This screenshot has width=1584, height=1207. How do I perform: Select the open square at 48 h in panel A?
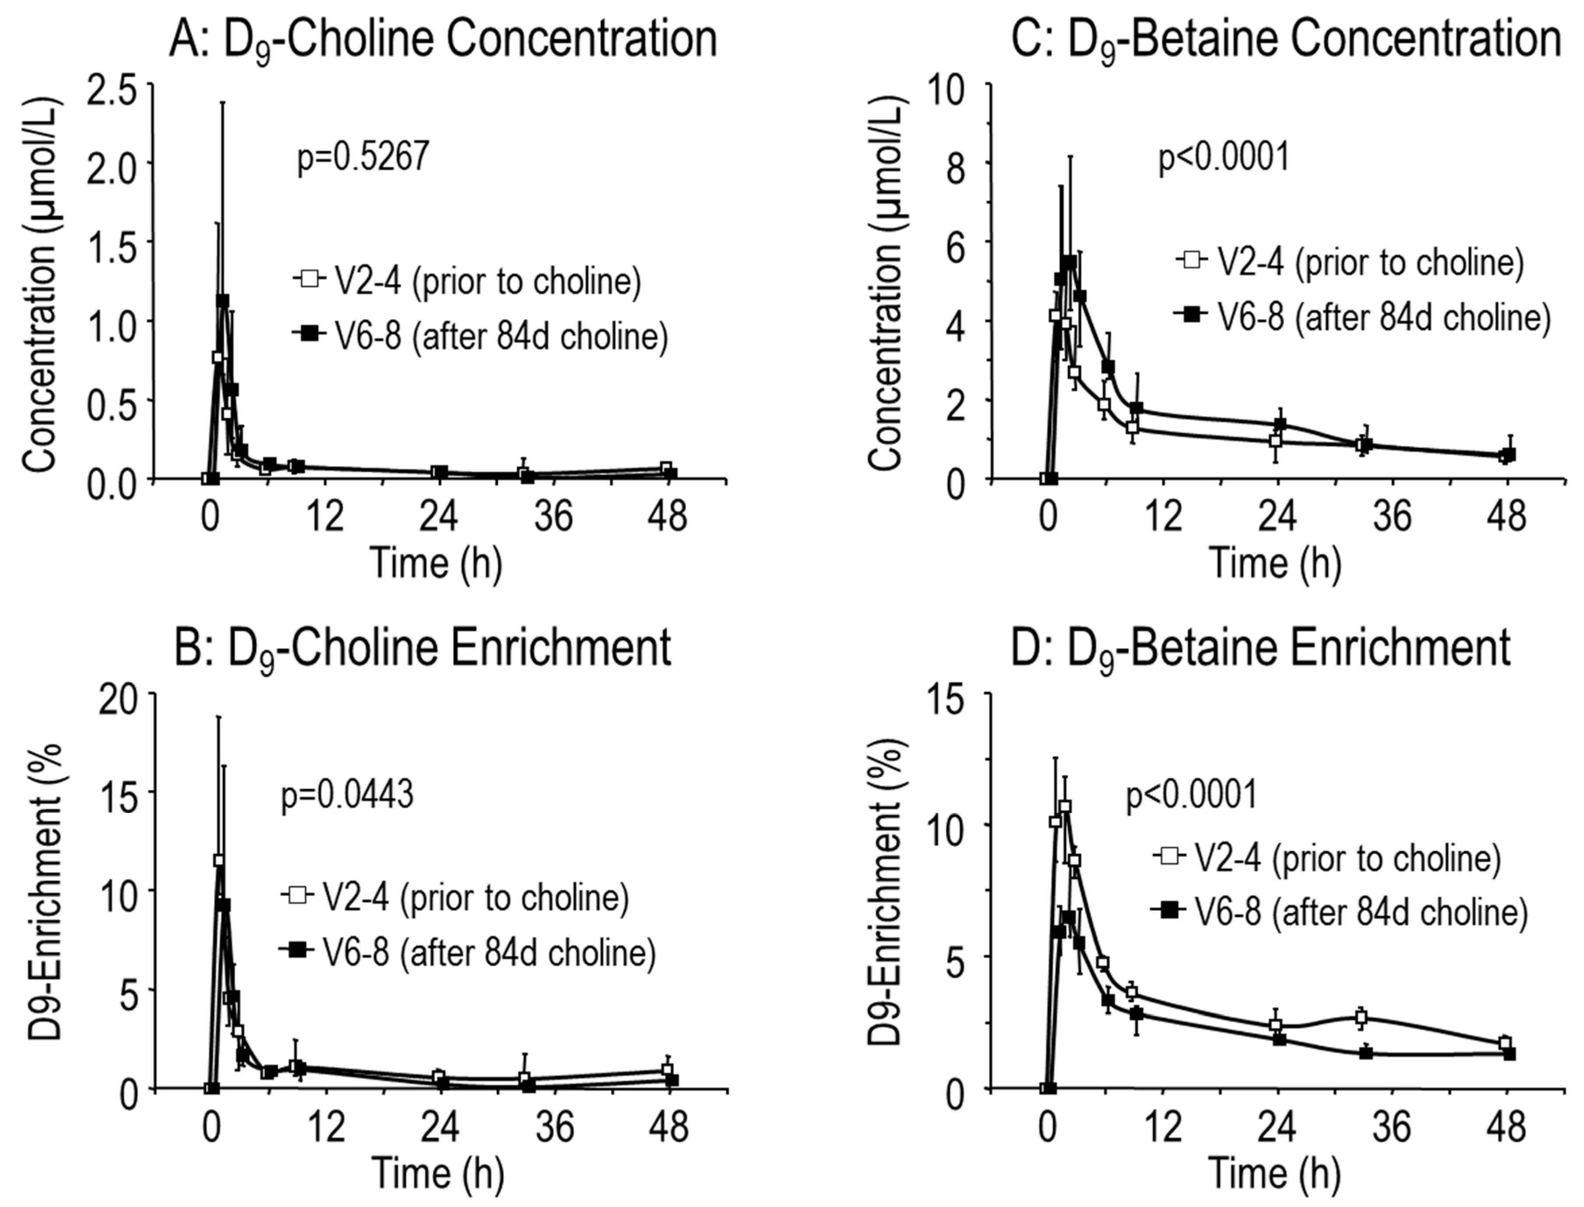pyautogui.click(x=666, y=468)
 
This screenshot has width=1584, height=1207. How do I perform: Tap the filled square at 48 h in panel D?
pyautogui.click(x=1509, y=1053)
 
